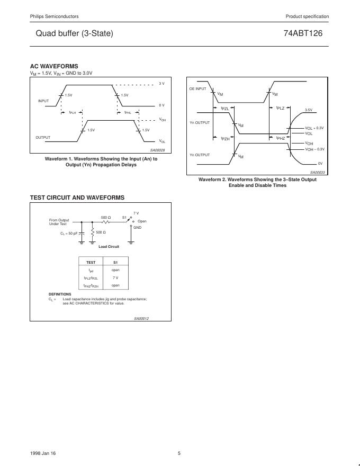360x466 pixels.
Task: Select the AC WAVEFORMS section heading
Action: pos(54,66)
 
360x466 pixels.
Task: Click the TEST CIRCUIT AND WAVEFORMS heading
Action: pos(77,198)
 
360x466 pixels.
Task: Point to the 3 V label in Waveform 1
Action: pos(161,84)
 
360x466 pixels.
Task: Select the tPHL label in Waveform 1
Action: pos(128,112)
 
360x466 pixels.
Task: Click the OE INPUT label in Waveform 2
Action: pos(197,89)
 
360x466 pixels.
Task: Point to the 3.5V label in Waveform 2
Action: pos(308,110)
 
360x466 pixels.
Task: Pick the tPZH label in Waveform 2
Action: pos(225,138)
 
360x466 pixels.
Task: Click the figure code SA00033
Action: pos(318,173)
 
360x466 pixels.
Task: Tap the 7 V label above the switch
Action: pos(136,213)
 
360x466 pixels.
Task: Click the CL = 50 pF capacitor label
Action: pos(69,233)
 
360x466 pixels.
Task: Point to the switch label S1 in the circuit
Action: pos(124,217)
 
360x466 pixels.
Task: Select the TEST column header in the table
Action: pos(91,262)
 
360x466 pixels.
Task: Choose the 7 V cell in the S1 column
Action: pos(115,277)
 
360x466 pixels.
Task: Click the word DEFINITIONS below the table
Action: pos(60,294)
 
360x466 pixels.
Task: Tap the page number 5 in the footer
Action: pos(179,453)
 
